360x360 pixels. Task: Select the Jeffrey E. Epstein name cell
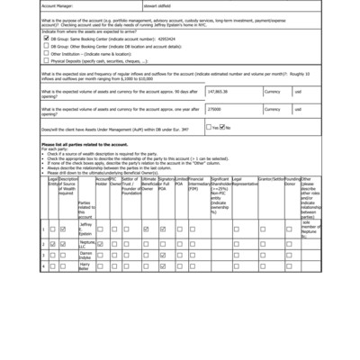coord(85,229)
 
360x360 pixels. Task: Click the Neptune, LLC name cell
coord(85,243)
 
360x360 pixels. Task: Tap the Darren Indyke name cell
coord(85,255)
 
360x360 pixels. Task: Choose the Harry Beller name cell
coord(85,265)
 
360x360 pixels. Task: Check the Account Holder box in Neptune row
coord(101,243)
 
